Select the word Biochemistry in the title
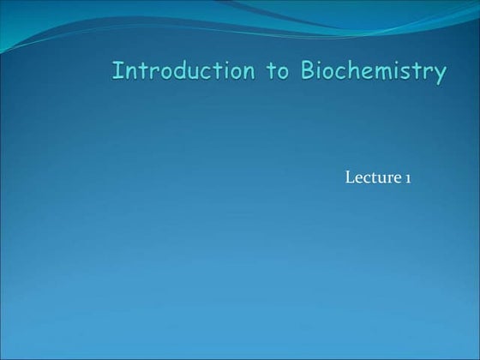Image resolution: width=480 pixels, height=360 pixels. click(372, 72)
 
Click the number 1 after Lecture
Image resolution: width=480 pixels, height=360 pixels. click(408, 178)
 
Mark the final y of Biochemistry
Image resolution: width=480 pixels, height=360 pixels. click(440, 75)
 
